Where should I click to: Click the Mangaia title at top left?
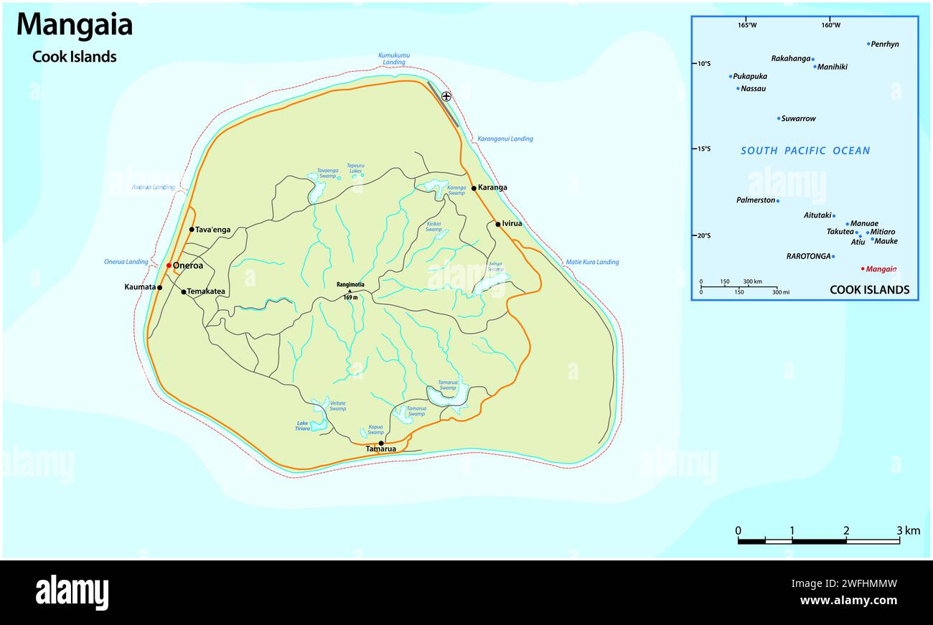tap(75, 25)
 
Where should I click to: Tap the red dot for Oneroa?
tap(169, 265)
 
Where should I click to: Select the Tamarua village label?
tap(380, 449)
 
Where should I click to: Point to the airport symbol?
tap(446, 96)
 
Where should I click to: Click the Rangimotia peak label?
tap(350, 284)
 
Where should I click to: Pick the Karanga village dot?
tap(474, 188)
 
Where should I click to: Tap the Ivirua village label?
tap(512, 224)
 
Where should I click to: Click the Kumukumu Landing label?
tap(394, 59)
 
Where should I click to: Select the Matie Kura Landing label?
tap(591, 262)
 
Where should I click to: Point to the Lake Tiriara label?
tap(303, 426)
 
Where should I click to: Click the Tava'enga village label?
tap(213, 230)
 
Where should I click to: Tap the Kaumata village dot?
tap(159, 288)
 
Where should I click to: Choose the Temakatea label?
tap(206, 292)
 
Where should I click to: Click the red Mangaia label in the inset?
tap(881, 269)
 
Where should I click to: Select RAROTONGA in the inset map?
tap(808, 256)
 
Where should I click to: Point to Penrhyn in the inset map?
tap(884, 44)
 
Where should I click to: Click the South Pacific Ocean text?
tap(805, 151)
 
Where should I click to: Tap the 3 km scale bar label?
tap(908, 531)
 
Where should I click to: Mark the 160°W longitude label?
tap(830, 25)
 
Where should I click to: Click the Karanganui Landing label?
tap(505, 138)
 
